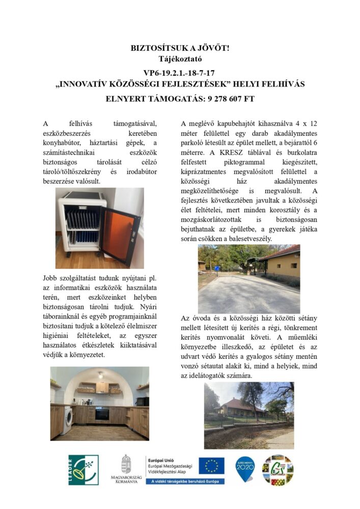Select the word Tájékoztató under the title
(x=180, y=59)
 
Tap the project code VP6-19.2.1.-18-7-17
(x=180, y=73)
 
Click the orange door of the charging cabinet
(x=120, y=234)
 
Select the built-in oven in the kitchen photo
(x=102, y=413)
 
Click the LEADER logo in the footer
(x=84, y=469)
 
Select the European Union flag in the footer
(x=211, y=465)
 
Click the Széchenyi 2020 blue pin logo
(x=245, y=469)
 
